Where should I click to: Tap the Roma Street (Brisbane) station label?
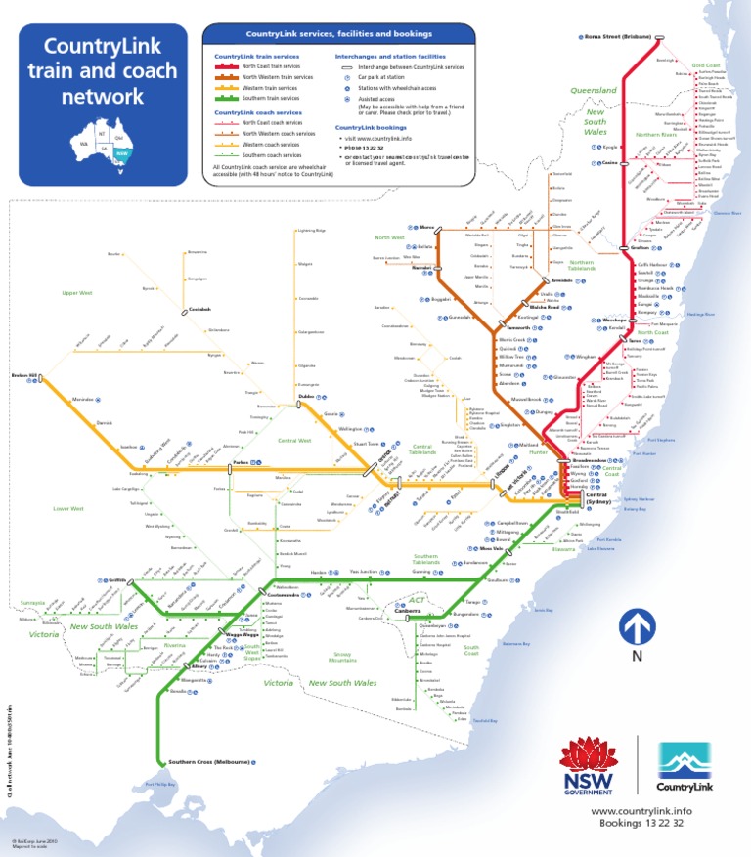[617, 37]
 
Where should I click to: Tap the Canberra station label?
[408, 611]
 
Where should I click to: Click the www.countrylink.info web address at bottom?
[641, 811]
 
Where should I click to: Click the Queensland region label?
[594, 90]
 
